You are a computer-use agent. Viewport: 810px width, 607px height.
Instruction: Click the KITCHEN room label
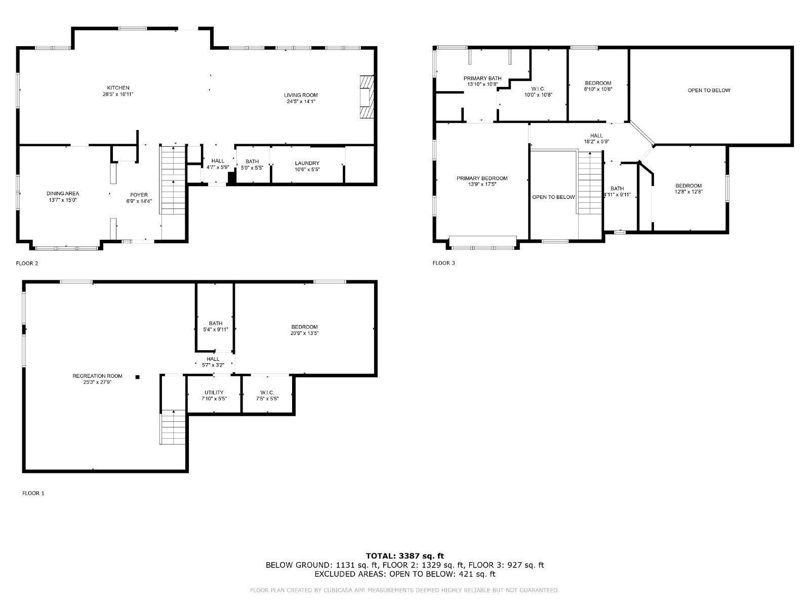[x=118, y=88]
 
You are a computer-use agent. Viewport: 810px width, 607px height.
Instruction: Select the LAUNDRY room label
[x=307, y=163]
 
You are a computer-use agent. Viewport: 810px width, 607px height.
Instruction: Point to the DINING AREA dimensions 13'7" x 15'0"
[x=63, y=200]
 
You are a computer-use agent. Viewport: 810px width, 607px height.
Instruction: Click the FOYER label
[x=139, y=195]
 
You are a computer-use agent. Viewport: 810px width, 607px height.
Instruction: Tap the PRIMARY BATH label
[x=482, y=78]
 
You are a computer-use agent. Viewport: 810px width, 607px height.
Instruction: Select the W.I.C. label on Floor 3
[x=538, y=89]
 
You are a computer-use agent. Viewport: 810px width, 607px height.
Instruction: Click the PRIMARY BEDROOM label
[x=481, y=179]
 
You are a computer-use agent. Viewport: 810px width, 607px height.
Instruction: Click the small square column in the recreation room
[x=137, y=376]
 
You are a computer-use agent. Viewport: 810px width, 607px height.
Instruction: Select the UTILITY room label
[x=214, y=393]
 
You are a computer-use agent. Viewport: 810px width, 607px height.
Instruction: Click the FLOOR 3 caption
[x=443, y=263]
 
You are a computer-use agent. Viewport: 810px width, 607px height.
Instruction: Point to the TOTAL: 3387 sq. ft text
[x=404, y=556]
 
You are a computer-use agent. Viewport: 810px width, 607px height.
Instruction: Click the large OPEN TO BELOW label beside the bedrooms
[x=709, y=91]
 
